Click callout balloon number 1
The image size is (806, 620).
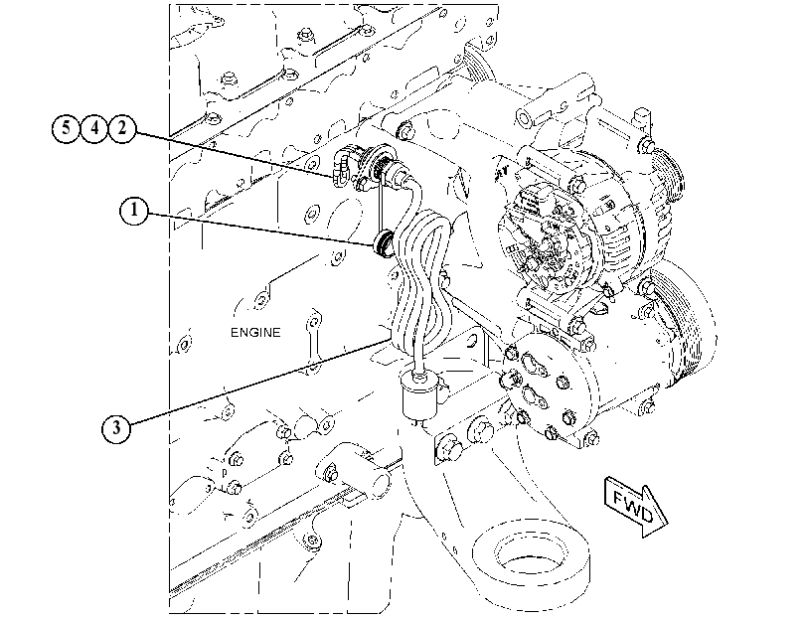(x=134, y=211)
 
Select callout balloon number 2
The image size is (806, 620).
(x=122, y=128)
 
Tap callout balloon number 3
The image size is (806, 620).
(x=116, y=427)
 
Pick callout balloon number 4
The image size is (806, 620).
(x=94, y=128)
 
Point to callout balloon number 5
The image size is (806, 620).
(x=67, y=128)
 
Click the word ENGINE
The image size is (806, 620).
(x=255, y=333)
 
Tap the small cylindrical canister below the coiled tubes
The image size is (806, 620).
(x=419, y=394)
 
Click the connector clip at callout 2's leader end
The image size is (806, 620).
(x=340, y=166)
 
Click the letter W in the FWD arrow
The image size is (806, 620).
(x=633, y=506)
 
